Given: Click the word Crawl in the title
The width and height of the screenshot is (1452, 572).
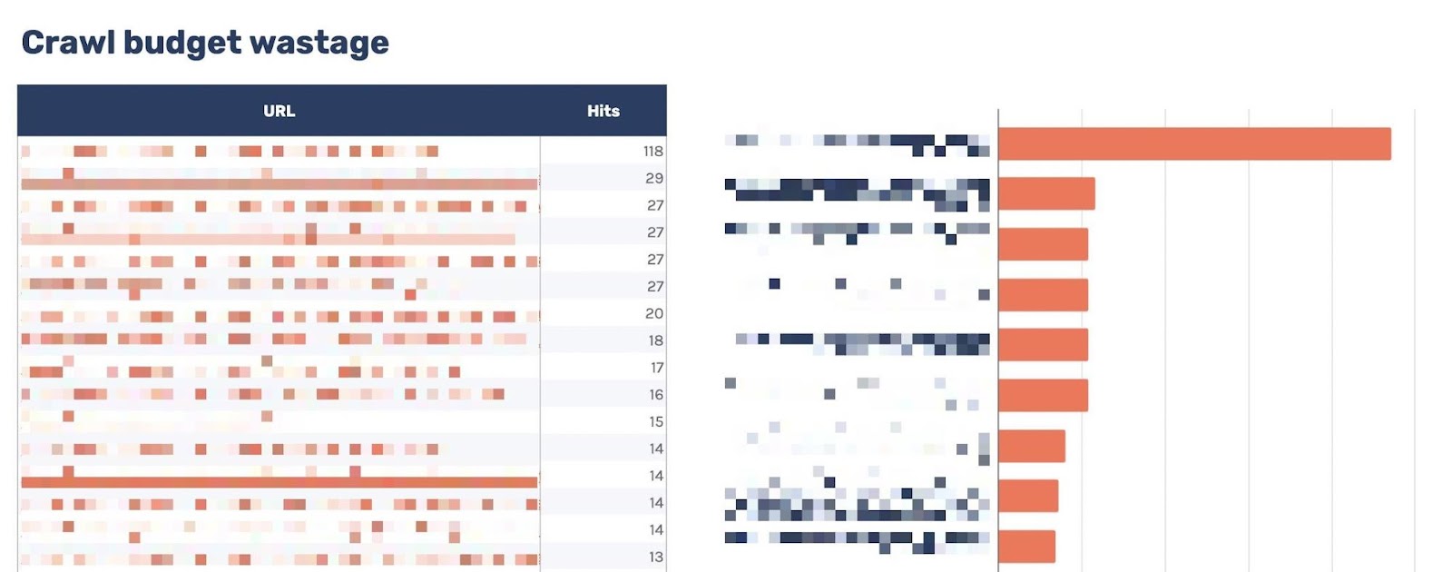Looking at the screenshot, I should point(67,43).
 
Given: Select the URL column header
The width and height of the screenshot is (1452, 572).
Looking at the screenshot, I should point(279,111).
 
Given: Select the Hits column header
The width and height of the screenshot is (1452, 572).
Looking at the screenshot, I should point(603,111).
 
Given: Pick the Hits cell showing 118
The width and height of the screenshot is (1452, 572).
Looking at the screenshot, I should point(652,152).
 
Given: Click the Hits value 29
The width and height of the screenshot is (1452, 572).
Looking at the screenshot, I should point(654,178).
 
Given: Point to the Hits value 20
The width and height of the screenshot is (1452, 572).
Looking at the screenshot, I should point(654,313).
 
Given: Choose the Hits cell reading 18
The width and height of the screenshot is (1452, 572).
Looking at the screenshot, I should point(655,340).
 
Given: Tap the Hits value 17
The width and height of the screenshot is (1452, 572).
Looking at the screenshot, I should point(656,368).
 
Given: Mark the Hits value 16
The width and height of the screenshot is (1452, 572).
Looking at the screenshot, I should point(655,394).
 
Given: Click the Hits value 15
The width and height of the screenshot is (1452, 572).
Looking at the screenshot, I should point(655,421).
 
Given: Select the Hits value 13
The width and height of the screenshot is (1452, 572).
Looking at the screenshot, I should point(655,557).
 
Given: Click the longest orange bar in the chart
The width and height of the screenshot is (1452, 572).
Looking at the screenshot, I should point(1193,143).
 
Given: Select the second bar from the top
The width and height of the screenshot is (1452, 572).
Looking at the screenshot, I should point(1045,193).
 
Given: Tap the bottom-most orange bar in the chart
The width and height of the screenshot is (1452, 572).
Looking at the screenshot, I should point(1026,547).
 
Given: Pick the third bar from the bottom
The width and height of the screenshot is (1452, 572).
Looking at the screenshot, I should point(1031,446).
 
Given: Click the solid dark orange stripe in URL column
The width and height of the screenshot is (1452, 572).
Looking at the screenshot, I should point(279,482).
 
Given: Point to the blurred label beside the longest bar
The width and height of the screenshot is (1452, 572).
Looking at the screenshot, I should point(858,143).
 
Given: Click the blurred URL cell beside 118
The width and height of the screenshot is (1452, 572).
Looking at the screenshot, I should point(279,152).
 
